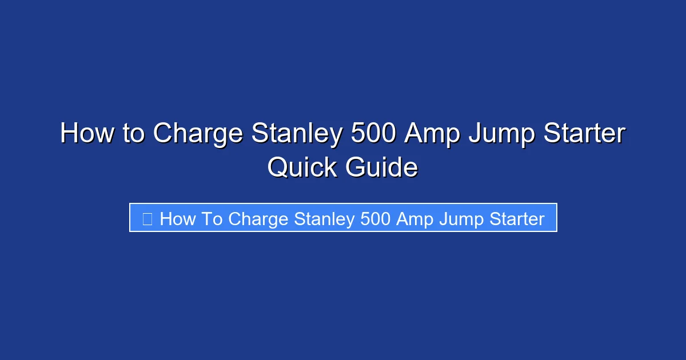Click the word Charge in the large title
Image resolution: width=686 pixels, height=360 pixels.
tap(197, 134)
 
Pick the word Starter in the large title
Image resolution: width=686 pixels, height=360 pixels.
tap(588, 134)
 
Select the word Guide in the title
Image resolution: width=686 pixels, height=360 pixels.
tap(381, 167)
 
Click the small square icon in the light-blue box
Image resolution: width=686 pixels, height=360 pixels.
tap(147, 219)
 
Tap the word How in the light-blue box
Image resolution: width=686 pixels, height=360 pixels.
tap(178, 219)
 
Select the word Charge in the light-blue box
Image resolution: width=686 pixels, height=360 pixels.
tap(258, 219)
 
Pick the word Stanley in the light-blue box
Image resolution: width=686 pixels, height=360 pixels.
tap(324, 219)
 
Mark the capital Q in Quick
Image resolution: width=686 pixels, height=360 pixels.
tap(278, 167)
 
